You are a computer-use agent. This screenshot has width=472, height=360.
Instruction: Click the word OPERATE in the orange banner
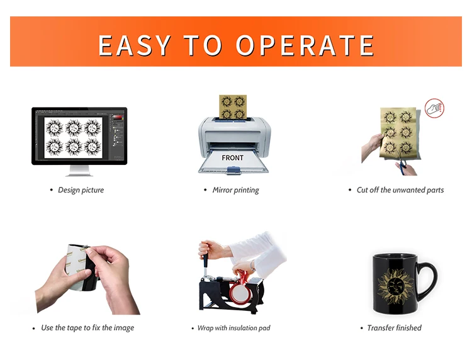tap(305, 45)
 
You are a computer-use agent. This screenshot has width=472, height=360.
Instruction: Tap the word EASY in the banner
tap(135, 45)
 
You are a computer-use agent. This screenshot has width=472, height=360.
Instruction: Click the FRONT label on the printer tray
tap(232, 158)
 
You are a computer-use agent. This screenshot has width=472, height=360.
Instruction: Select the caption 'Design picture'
tap(81, 190)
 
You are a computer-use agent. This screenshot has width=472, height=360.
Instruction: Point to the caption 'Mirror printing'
tap(236, 190)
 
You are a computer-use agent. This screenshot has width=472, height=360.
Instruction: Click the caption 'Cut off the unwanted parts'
tap(400, 190)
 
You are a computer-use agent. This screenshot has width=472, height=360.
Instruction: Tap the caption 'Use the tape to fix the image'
tap(87, 327)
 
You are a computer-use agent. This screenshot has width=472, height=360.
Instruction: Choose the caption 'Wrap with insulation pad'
tap(234, 328)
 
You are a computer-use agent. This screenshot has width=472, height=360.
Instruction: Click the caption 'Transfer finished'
tap(395, 328)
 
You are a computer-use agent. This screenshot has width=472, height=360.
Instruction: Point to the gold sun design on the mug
tap(395, 286)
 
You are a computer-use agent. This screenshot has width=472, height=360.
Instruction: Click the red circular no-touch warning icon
tap(434, 108)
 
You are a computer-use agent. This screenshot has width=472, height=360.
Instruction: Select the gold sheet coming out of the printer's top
tap(233, 107)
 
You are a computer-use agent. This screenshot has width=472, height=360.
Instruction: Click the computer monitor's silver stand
tap(79, 171)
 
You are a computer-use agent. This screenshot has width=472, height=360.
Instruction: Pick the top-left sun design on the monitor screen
tap(55, 128)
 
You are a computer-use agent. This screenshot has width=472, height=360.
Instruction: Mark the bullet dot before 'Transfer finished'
tap(361, 328)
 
